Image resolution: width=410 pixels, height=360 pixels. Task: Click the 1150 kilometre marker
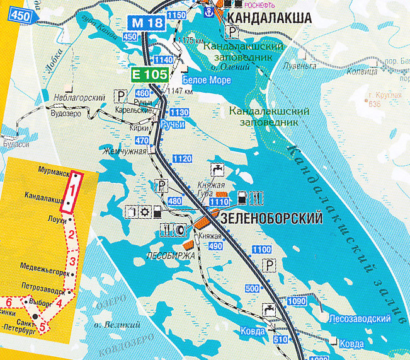tap(178, 15)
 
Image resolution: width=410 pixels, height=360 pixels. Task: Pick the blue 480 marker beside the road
tap(174, 201)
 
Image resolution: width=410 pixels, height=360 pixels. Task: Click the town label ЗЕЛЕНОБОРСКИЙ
tap(271, 219)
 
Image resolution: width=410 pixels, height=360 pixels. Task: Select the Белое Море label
tap(207, 80)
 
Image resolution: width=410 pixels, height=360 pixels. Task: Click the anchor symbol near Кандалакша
tap(206, 9)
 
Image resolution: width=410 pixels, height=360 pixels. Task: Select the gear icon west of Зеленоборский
tap(144, 212)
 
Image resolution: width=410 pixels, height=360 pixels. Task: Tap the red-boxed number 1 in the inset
tap(74, 187)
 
